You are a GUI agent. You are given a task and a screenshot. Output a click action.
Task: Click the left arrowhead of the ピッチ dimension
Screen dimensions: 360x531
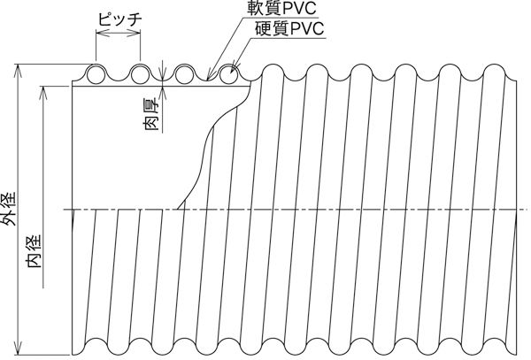coord(96,34)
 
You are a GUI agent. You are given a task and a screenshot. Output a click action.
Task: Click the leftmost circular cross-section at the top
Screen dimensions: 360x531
coord(96,73)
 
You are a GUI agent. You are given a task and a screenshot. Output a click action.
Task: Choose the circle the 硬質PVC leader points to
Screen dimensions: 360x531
coord(228,73)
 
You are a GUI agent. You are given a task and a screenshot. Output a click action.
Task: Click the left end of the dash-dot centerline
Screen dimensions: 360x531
coord(64,210)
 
